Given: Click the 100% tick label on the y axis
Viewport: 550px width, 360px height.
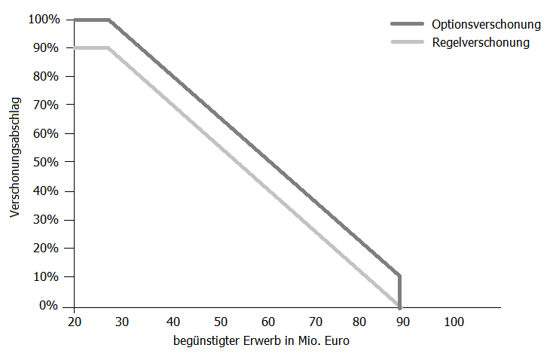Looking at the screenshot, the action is [44, 20].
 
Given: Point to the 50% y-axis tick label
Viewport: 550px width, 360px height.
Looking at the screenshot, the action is [46, 162].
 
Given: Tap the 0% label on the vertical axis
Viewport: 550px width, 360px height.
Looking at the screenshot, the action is [48, 305].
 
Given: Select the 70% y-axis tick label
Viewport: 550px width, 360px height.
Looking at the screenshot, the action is [46, 105].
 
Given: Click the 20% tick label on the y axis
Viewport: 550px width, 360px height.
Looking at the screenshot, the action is [46, 249].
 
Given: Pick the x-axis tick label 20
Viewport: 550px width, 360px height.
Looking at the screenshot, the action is [75, 322].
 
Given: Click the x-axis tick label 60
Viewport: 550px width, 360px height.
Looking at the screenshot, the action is [268, 322].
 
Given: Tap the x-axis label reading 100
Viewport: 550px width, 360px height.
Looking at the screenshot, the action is [454, 322].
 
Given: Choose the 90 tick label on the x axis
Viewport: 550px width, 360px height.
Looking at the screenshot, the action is [402, 322].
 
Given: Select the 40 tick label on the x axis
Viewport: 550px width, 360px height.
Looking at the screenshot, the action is [173, 322].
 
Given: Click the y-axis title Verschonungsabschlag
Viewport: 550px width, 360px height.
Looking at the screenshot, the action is [15, 157].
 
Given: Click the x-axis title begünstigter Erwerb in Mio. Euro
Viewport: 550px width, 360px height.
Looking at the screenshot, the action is [261, 340].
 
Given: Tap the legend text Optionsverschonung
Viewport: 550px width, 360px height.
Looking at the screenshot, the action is [486, 24].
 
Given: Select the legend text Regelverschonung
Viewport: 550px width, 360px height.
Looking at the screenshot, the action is [481, 42].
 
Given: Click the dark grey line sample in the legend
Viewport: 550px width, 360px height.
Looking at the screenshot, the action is [408, 24].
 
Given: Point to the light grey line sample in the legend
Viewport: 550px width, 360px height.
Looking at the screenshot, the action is [408, 42].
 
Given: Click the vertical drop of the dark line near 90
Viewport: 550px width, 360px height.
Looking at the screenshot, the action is [399, 291].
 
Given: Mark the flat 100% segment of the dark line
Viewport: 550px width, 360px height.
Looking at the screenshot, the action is [92, 20].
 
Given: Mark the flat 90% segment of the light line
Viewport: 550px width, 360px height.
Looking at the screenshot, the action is [91, 47].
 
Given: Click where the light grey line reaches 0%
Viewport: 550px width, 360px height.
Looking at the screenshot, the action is [399, 306].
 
